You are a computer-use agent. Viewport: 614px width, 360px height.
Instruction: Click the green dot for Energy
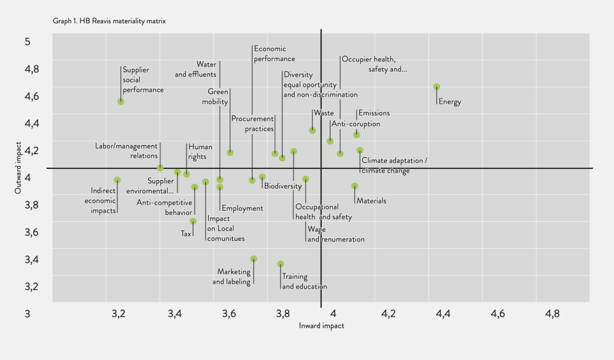[x=437, y=87]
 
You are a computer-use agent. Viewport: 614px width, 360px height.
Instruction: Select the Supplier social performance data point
[x=121, y=101]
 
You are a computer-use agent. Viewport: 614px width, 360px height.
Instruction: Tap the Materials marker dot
[x=354, y=186]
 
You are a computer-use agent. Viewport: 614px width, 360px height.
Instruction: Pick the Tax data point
[x=193, y=221]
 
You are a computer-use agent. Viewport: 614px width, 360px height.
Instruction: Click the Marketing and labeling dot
[x=254, y=259]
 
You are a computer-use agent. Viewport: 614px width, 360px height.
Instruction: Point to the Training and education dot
[x=281, y=264]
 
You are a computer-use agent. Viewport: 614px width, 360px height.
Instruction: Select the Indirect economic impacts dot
[x=117, y=180]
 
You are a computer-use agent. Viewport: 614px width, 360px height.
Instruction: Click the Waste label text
[x=324, y=113]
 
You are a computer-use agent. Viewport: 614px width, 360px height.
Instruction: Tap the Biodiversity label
[x=282, y=186]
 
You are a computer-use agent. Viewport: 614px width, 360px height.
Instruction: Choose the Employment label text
[x=242, y=208]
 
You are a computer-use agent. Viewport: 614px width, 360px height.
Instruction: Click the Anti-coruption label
[x=356, y=124]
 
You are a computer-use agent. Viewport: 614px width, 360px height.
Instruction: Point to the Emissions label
[x=374, y=113]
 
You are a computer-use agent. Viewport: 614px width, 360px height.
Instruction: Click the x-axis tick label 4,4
[x=443, y=314]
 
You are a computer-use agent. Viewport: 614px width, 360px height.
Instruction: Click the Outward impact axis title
[x=18, y=168]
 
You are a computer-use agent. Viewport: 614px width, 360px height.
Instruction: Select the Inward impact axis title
[x=321, y=326]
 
